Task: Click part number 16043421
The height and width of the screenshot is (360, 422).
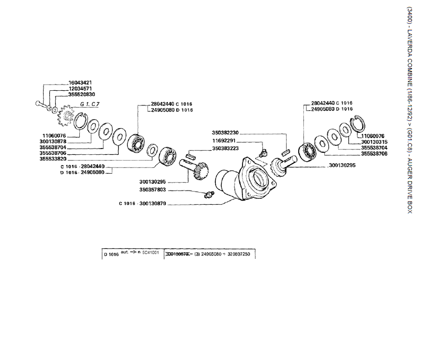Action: tap(80, 83)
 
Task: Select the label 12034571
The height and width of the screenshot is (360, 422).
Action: tap(80, 89)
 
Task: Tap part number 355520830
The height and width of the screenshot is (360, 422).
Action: tap(82, 94)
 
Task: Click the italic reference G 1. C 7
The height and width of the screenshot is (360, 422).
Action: tap(89, 104)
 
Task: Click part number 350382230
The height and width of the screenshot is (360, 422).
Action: tap(226, 133)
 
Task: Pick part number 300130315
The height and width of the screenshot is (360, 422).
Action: tap(374, 142)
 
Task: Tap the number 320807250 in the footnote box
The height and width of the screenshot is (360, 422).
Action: tap(236, 253)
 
